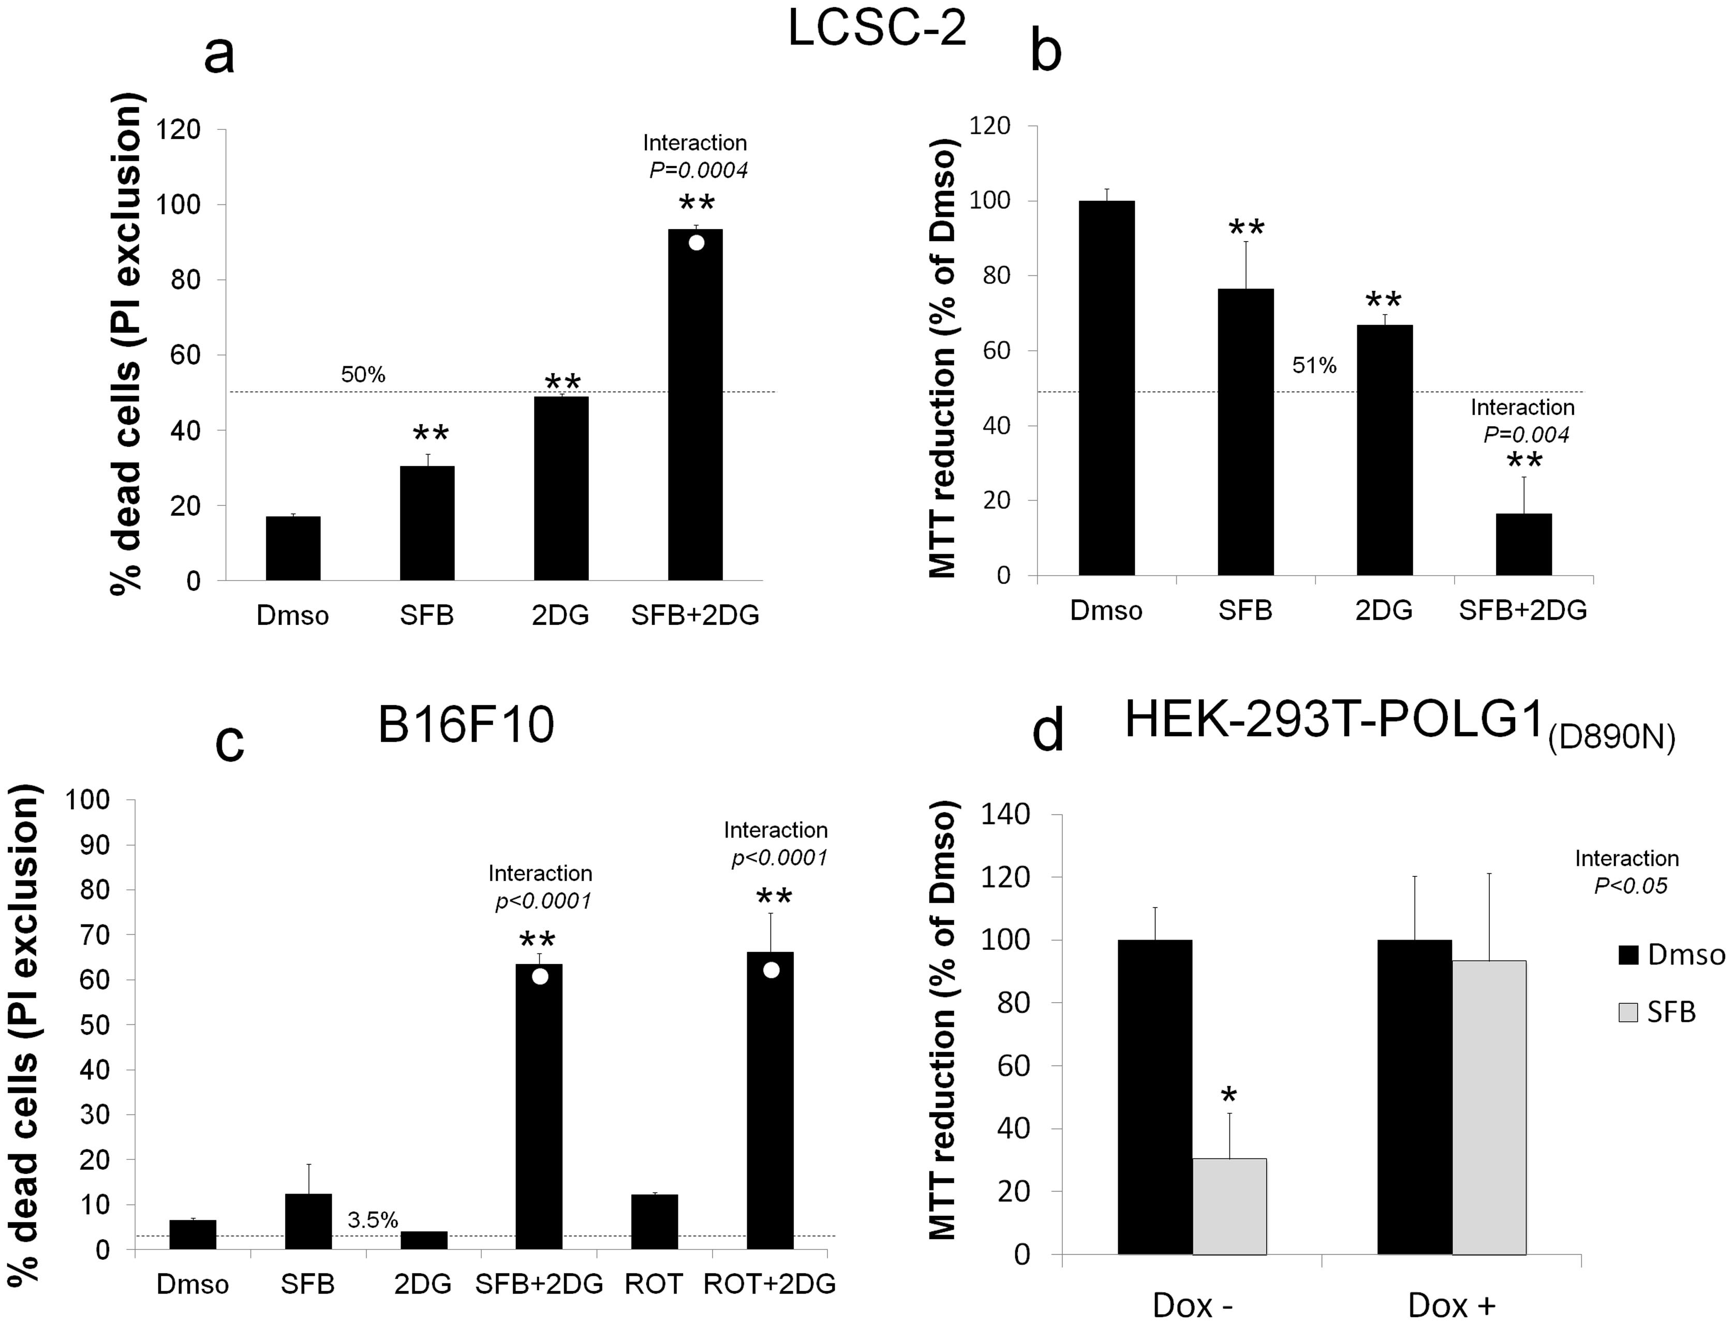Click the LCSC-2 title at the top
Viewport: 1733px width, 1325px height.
[877, 30]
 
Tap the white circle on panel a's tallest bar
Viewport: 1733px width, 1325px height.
[695, 242]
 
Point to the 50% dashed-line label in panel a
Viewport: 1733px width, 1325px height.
[363, 375]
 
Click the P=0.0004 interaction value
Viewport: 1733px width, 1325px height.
[698, 170]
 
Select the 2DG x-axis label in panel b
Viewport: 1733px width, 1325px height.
[1384, 611]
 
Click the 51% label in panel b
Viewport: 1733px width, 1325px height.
[1314, 365]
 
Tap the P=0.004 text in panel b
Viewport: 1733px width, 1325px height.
[1525, 435]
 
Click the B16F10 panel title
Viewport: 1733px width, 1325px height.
[465, 724]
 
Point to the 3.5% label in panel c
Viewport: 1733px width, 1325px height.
[372, 1220]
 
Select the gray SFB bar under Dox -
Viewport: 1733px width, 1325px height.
[1229, 1206]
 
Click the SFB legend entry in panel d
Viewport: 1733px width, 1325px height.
[1656, 1012]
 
